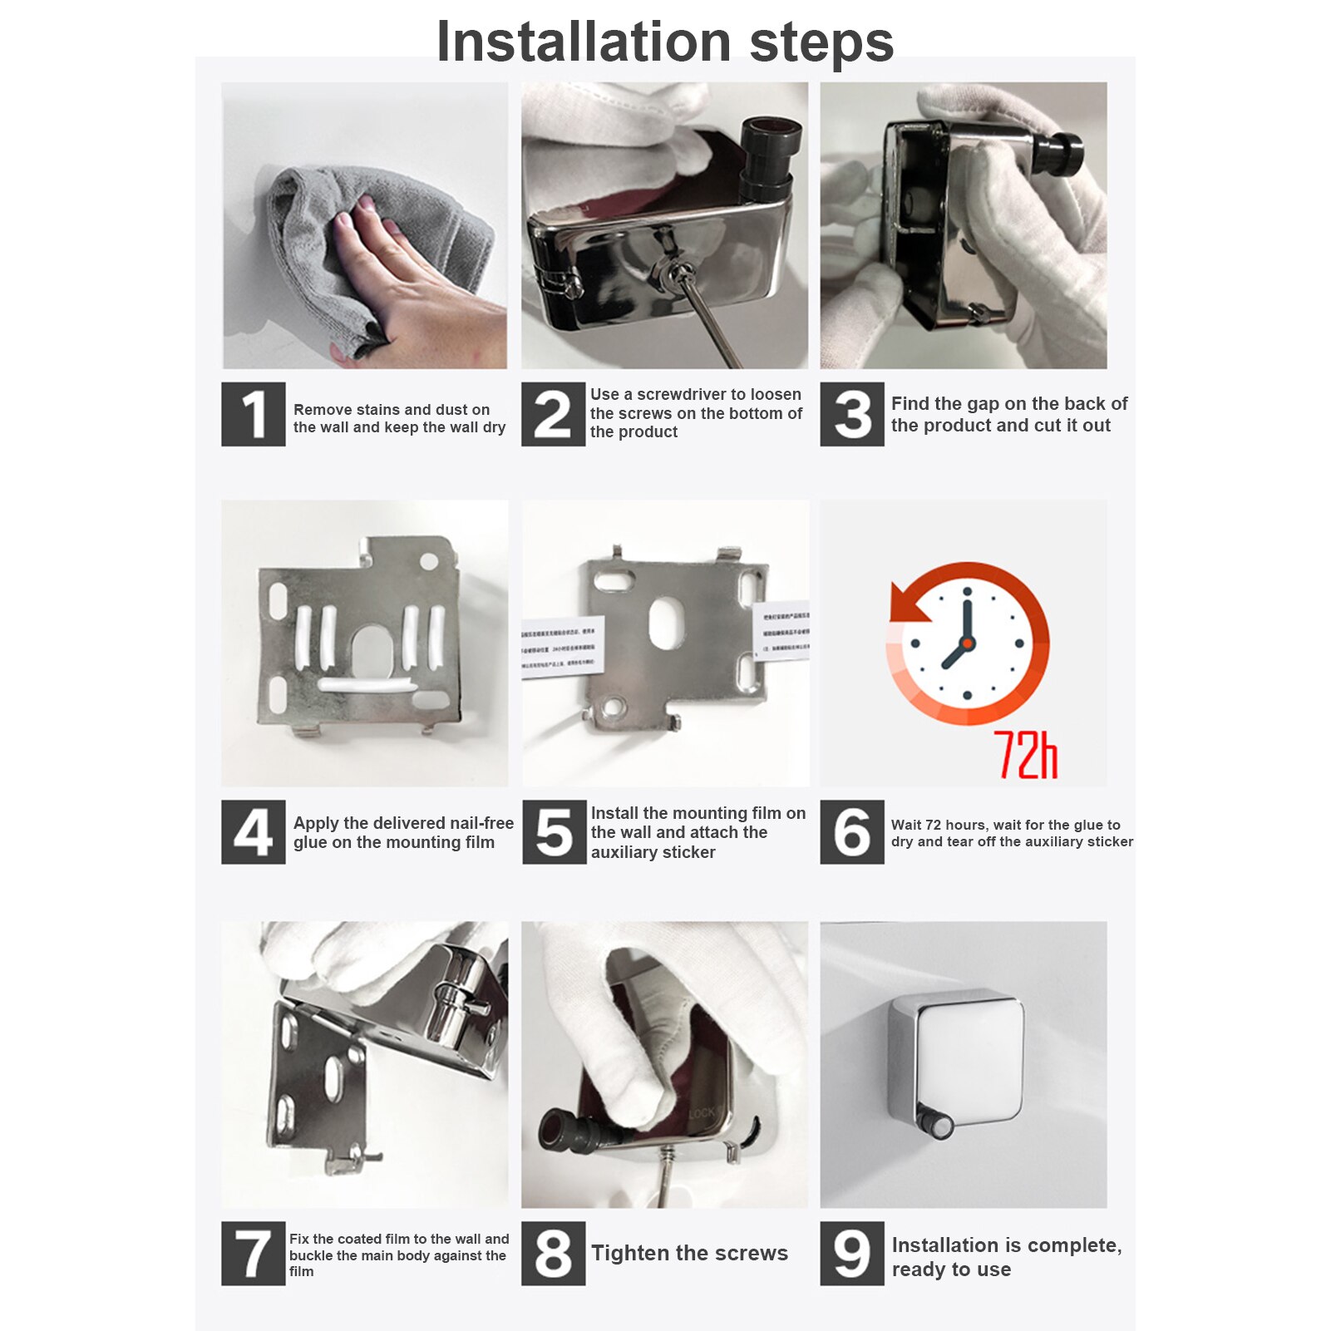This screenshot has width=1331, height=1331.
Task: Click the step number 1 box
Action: tap(253, 414)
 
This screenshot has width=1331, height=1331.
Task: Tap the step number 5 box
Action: tap(554, 832)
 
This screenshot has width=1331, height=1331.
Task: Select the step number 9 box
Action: tap(851, 1253)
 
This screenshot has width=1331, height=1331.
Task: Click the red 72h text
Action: tap(1025, 755)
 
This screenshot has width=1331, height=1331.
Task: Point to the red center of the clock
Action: tap(967, 643)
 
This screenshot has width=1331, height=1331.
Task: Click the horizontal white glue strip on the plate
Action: tap(367, 685)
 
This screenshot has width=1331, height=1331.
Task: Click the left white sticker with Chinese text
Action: tap(563, 648)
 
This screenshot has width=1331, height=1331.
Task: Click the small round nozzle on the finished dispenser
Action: tap(940, 1126)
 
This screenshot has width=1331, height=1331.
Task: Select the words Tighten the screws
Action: tap(689, 1253)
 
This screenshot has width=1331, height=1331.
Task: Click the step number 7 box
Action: tap(253, 1253)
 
